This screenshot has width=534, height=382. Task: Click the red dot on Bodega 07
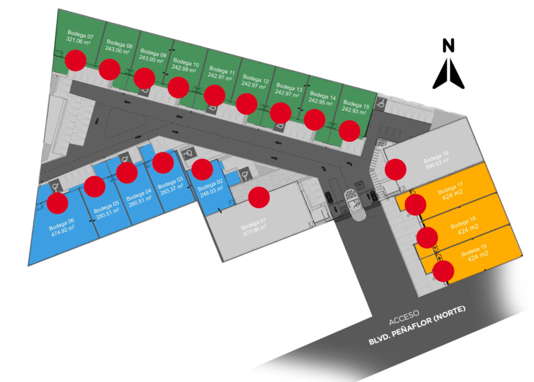point(76,60)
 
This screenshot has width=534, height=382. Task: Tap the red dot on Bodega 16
point(396,169)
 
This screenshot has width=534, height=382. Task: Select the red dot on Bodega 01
point(259,196)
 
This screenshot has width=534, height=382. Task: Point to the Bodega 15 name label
point(356,105)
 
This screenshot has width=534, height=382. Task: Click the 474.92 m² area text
point(63,234)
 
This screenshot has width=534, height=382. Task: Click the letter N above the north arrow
point(448,45)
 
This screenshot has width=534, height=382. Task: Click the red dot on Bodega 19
point(443,272)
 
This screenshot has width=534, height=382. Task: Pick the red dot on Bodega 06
point(57,203)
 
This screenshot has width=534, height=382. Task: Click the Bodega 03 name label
point(171,183)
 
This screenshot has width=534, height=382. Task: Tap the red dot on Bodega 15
point(349,130)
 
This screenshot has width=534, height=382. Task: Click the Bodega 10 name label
point(186,64)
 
